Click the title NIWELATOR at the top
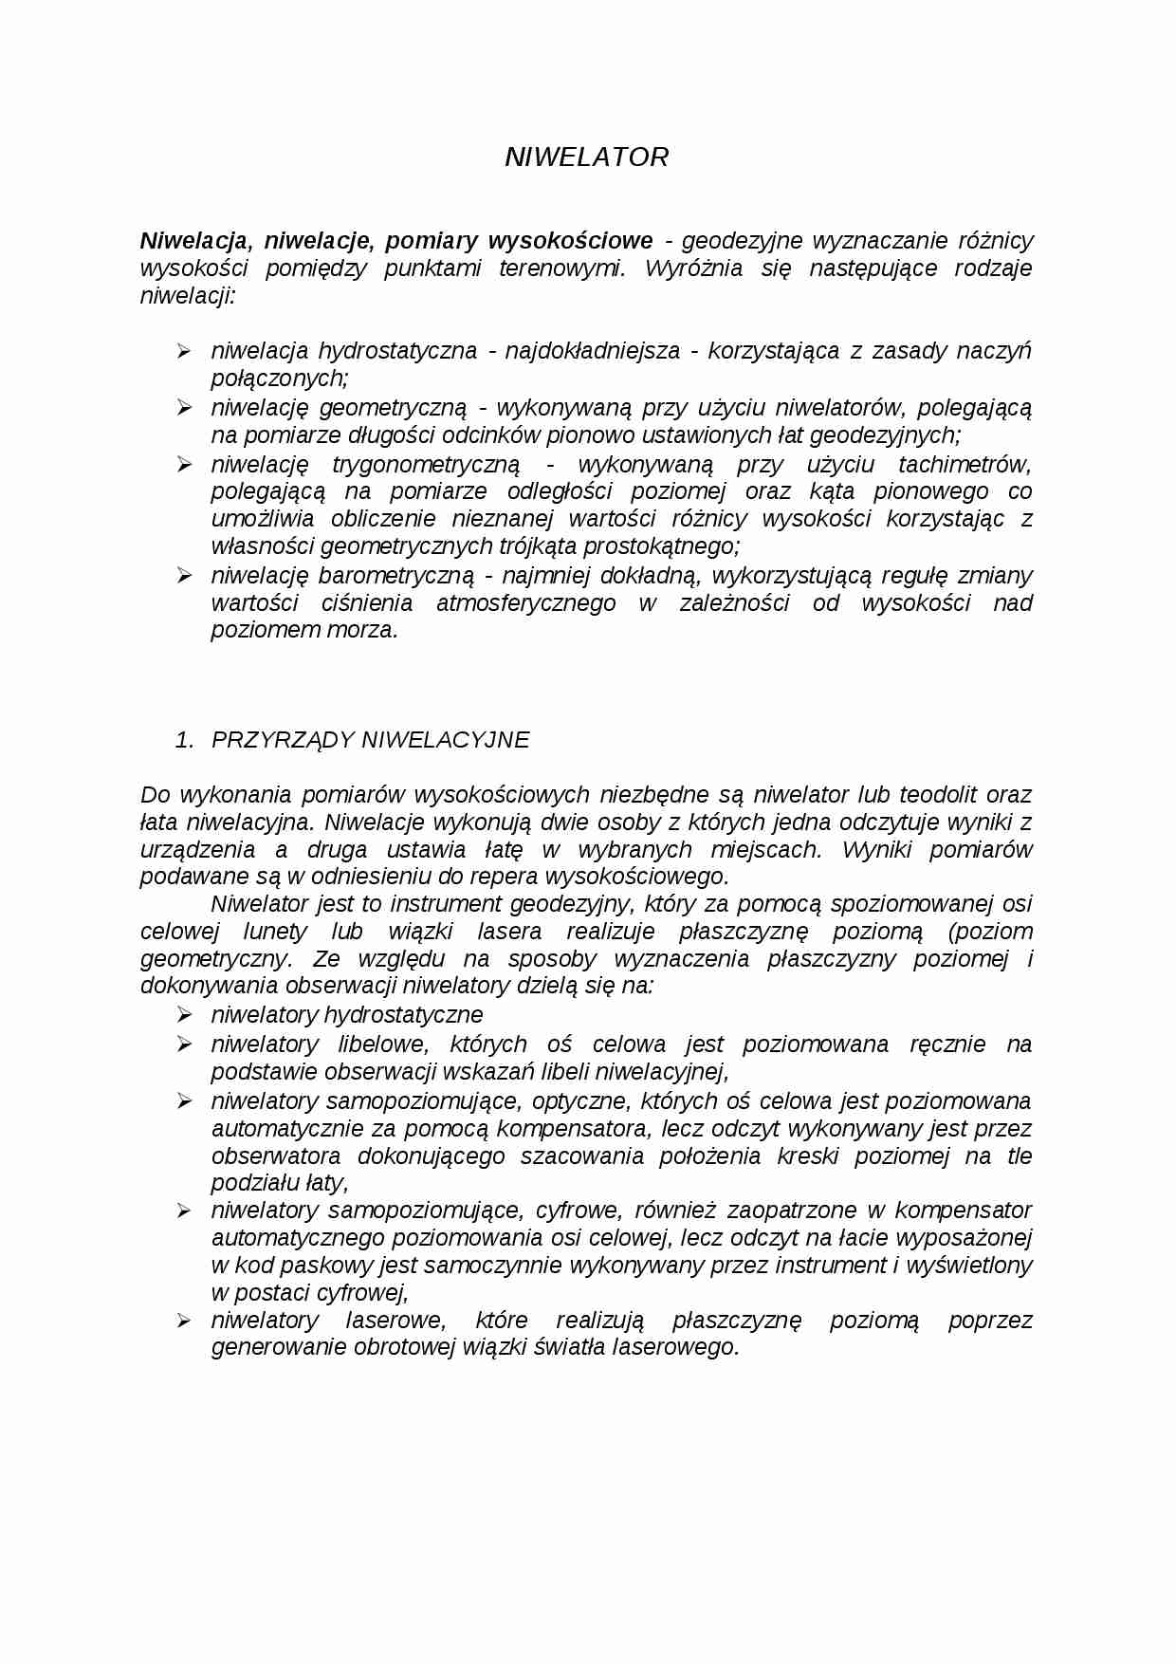586,157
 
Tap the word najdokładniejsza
592,351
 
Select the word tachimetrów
965,464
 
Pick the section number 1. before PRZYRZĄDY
184,740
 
